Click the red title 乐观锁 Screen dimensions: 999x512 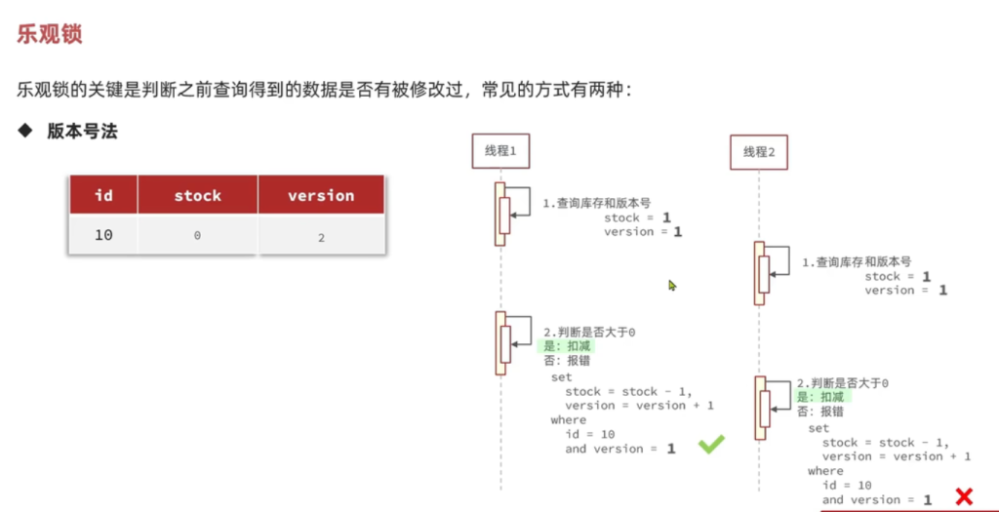coord(49,34)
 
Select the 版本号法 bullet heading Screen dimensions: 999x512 coord(82,132)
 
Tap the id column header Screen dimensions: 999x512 coord(103,195)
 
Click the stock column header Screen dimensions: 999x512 coord(197,195)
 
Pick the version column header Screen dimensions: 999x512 coord(321,195)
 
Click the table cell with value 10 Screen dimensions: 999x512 coord(103,235)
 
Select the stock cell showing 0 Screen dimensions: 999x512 coord(197,236)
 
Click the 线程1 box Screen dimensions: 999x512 coord(500,151)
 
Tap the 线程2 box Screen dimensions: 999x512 coord(758,152)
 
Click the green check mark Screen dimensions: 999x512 coord(711,444)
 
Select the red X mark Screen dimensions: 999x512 coord(965,496)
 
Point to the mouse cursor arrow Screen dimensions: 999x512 coord(672,286)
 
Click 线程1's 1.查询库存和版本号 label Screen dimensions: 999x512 coord(596,203)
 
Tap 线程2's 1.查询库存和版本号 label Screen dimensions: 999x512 coord(857,261)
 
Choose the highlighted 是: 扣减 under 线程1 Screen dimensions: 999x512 coord(565,346)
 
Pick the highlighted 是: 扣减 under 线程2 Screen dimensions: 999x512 coord(823,397)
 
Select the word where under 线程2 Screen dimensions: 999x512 coord(825,471)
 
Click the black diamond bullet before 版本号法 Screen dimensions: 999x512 coord(24,132)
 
